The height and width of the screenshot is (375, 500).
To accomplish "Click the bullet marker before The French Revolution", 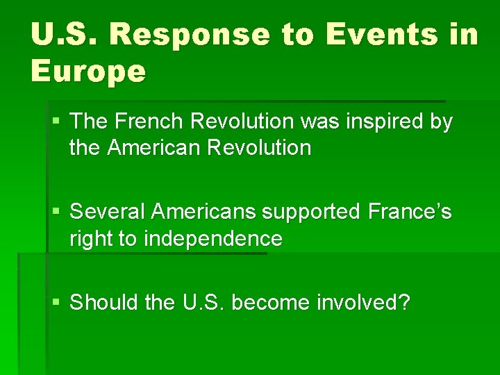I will pos(56,123).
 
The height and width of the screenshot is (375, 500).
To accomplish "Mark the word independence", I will pos(213,239).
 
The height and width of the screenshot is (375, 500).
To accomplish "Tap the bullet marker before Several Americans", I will pos(56,212).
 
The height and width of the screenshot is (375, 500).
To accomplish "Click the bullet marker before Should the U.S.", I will pos(56,303).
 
